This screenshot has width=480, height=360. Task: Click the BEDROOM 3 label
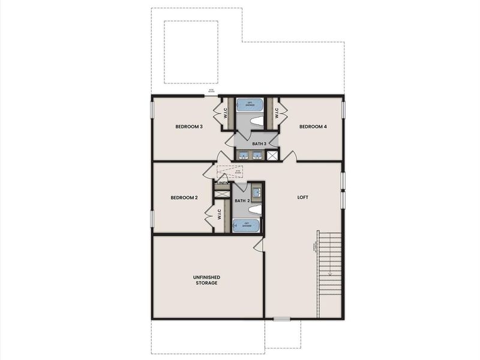(x=189, y=127)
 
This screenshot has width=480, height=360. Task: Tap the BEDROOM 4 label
(x=313, y=127)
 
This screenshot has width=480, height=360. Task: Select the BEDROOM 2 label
(x=184, y=198)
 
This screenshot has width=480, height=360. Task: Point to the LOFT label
(x=303, y=197)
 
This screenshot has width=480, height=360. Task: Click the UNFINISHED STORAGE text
(x=206, y=280)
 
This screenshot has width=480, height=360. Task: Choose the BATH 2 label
(x=242, y=200)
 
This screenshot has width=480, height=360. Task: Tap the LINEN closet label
(x=222, y=183)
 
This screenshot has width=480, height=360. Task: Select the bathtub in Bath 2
(x=246, y=226)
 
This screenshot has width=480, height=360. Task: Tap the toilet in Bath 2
(x=255, y=209)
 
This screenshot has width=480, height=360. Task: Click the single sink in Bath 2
(x=256, y=192)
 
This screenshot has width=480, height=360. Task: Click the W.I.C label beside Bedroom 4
(x=277, y=113)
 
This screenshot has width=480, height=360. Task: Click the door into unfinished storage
(x=259, y=244)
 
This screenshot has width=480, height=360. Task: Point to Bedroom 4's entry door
(x=289, y=157)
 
